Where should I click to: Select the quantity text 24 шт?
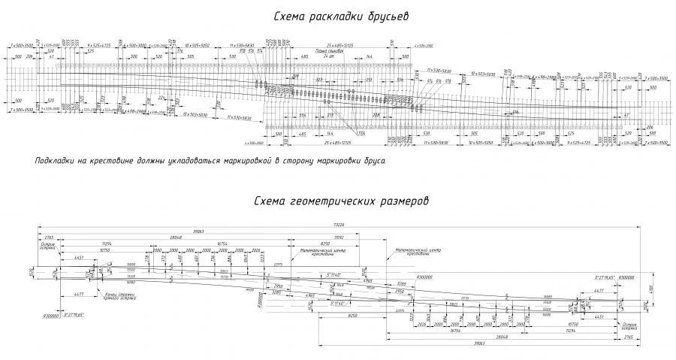click(327, 56)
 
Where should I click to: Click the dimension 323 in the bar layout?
click(318, 78)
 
